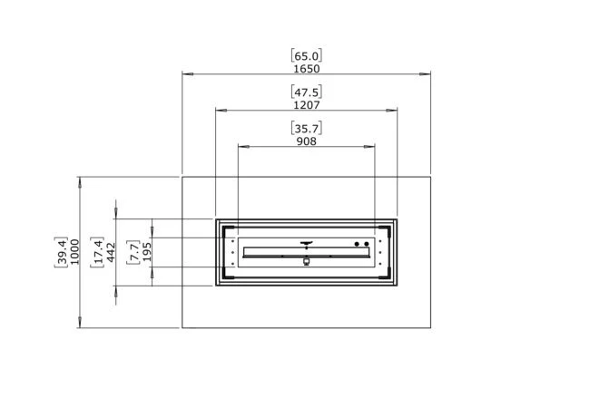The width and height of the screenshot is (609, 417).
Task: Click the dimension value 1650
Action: pos(307,69)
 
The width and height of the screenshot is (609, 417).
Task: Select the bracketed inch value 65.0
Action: pos(307,56)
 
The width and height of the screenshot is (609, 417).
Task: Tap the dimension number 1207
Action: pos(307,105)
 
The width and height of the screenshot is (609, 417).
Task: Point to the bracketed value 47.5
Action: pos(307,92)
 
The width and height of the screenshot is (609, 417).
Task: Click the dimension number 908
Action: pos(307,141)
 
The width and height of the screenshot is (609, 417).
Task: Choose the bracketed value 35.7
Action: pos(307,129)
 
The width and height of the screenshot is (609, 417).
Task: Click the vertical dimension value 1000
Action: pos(74,252)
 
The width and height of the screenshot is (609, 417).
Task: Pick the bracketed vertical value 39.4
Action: pos(62,252)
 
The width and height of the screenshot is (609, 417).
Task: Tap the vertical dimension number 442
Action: pos(111,252)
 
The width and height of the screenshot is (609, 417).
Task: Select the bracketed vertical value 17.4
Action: pos(98,252)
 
